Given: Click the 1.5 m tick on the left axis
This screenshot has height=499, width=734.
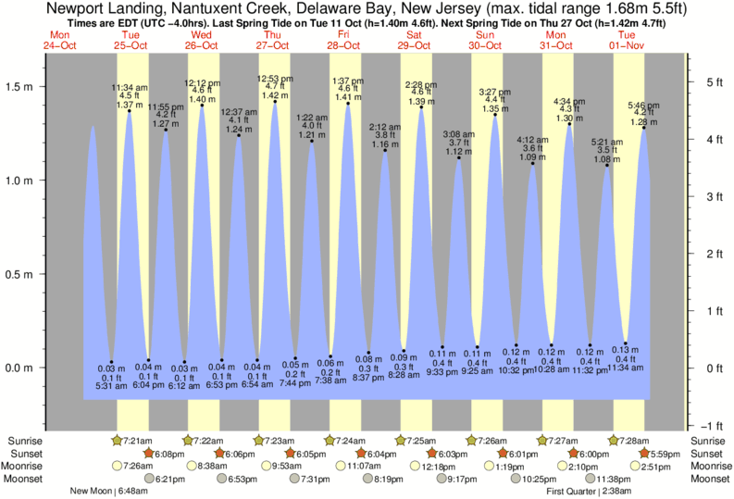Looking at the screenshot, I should [x=22, y=86].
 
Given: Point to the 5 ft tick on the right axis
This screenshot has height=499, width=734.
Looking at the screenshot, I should [x=703, y=82].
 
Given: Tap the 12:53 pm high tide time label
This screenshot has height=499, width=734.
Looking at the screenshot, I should [x=275, y=78].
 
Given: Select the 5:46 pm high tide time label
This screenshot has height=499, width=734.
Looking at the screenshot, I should [x=643, y=105].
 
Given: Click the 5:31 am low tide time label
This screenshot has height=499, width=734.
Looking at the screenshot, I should [x=111, y=385].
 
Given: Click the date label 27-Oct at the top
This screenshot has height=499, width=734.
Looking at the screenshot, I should [x=273, y=44].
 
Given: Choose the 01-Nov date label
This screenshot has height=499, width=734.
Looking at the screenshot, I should [x=628, y=44].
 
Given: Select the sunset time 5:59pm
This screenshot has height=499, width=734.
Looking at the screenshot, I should [x=666, y=454].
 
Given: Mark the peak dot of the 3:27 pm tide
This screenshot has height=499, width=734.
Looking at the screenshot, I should [x=495, y=115].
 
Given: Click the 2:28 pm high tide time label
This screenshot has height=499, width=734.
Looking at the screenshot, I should [x=421, y=84].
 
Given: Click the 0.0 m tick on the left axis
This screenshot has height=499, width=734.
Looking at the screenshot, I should [x=22, y=368].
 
